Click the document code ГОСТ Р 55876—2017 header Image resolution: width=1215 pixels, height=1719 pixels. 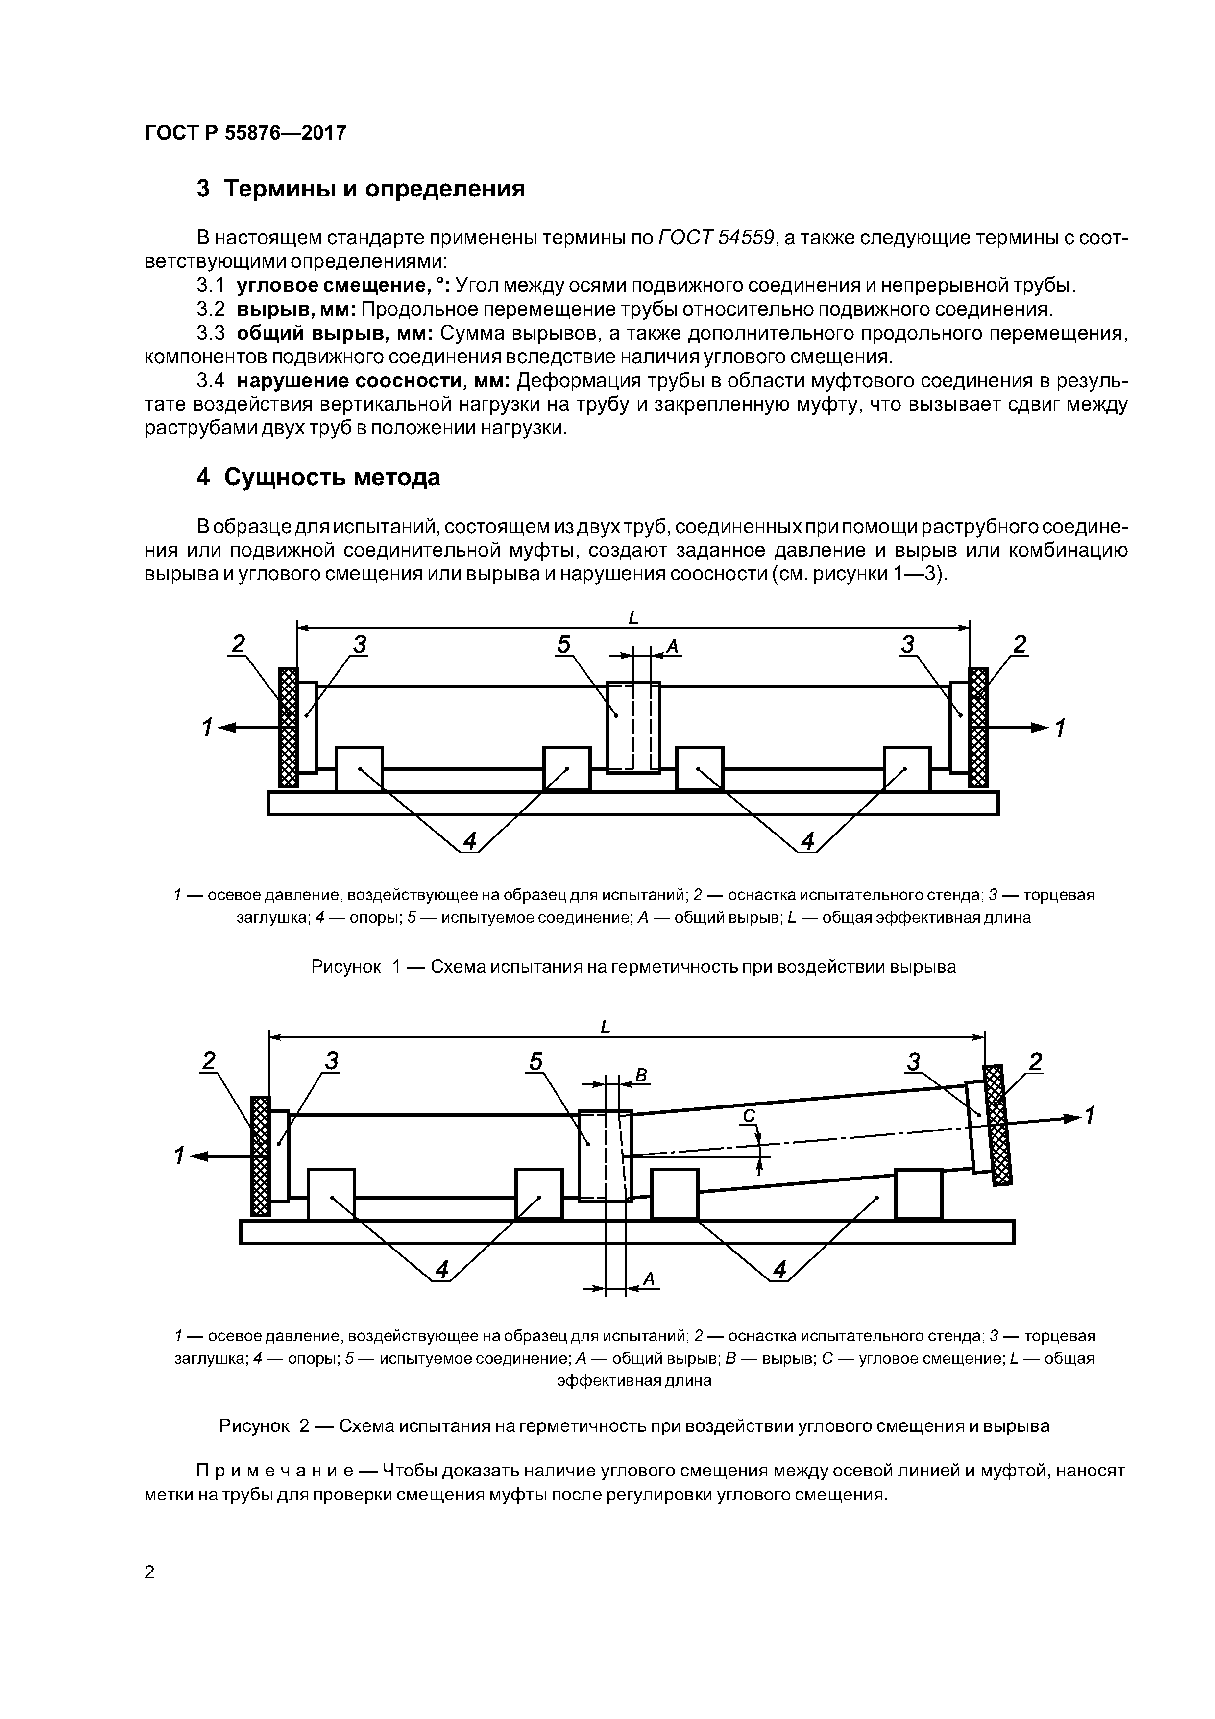click(245, 133)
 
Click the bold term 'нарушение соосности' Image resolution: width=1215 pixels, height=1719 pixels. click(350, 381)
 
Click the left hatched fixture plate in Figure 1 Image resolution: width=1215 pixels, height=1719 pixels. click(288, 727)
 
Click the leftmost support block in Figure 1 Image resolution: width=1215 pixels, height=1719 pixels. click(359, 769)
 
